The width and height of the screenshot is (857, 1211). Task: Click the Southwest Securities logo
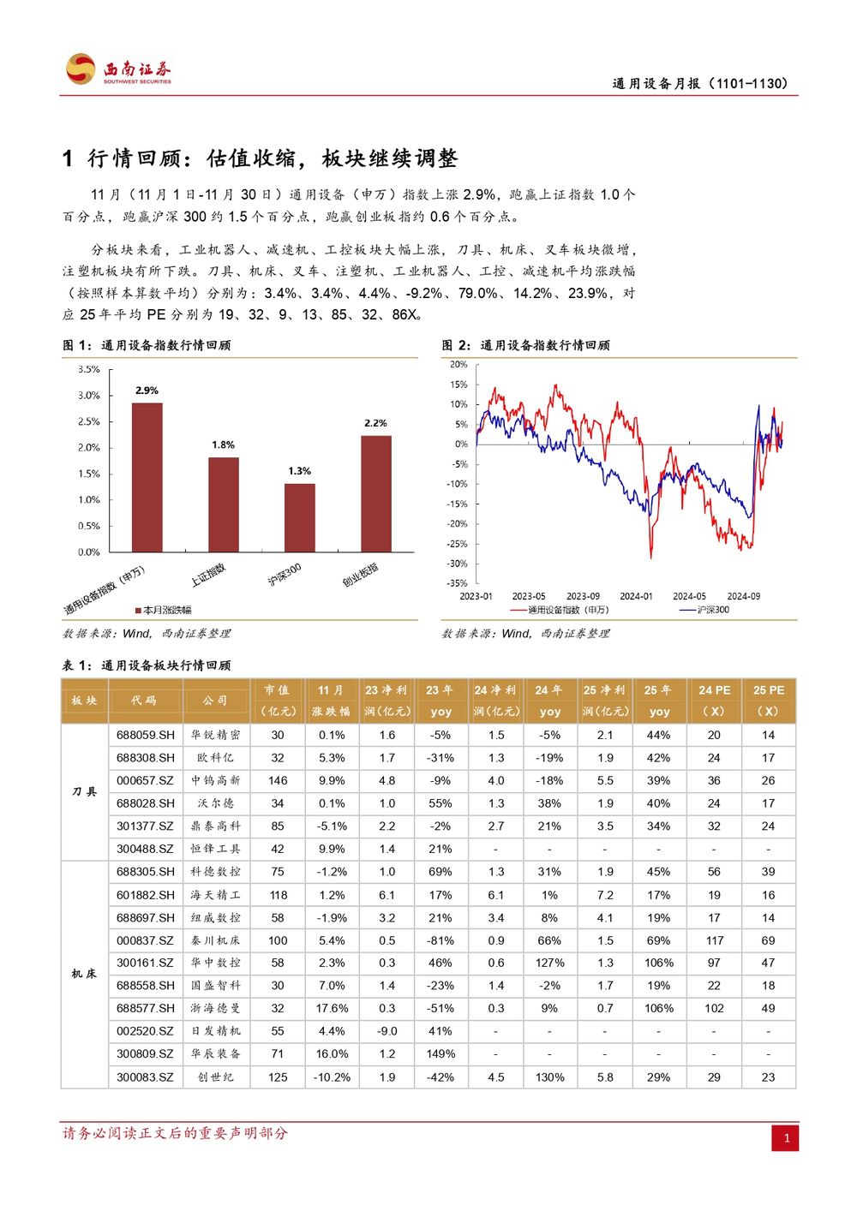point(118,69)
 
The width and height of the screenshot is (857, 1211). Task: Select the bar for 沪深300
point(300,518)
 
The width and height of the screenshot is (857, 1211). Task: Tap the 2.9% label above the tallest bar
point(147,391)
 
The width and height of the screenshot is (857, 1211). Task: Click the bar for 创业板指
point(376,494)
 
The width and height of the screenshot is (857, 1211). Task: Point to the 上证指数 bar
point(224,505)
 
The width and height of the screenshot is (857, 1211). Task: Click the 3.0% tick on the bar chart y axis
point(89,395)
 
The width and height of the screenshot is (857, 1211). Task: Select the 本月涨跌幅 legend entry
point(164,611)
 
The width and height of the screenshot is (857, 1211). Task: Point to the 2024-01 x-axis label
point(636,596)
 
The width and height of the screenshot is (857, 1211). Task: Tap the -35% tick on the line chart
point(457,583)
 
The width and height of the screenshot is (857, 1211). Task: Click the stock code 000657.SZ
point(145,781)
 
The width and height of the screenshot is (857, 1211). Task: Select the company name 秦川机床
point(215,940)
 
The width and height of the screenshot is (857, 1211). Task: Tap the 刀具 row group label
point(84,792)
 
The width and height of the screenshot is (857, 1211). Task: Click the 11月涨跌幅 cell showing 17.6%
point(332,1008)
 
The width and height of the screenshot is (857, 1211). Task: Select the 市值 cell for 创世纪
point(278,1077)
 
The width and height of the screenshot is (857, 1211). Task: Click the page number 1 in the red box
point(786,1137)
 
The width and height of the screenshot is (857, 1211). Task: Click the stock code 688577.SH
point(145,1008)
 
